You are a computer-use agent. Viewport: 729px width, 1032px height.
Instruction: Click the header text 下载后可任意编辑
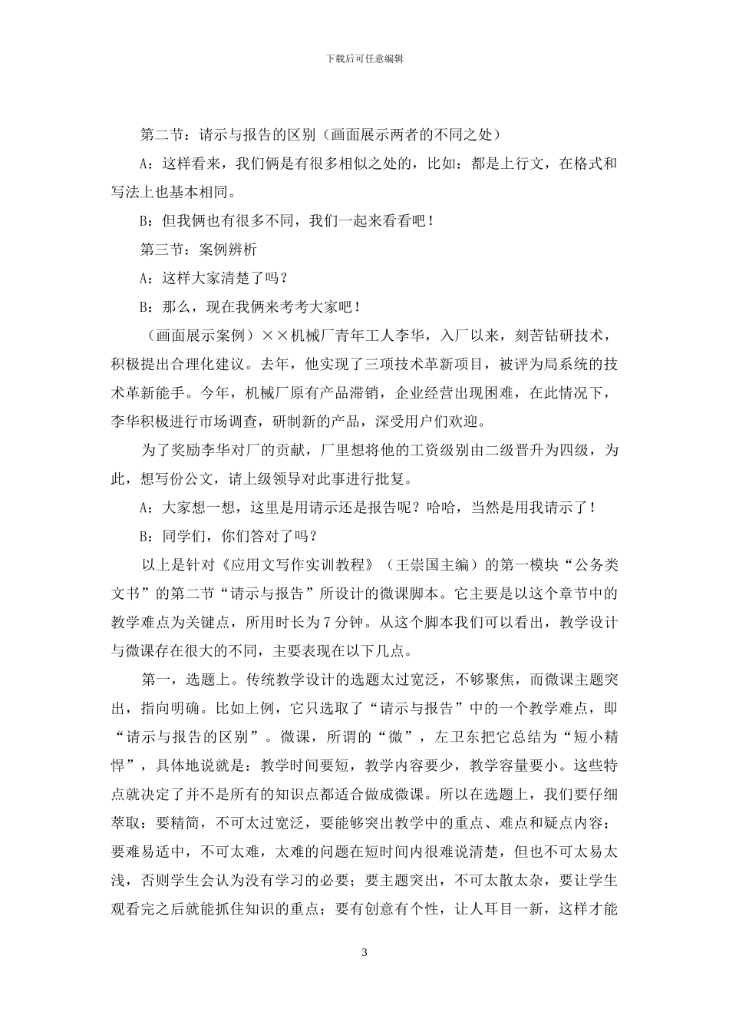tap(364, 58)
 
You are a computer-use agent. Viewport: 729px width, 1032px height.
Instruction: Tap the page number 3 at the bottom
tap(364, 953)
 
